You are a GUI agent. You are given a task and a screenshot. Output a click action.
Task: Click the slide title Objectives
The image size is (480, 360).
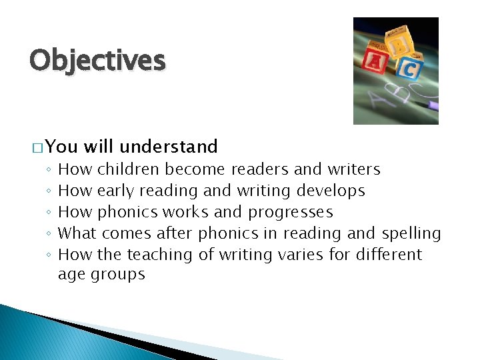point(97,61)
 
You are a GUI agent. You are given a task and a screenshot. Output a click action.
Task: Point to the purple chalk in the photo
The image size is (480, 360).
point(433,105)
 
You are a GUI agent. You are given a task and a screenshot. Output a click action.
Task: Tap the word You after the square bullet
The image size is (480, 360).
point(62,147)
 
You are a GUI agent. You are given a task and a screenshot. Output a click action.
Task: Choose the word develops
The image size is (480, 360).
point(331,191)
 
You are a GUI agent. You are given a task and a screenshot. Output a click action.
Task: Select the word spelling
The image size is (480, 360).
point(411,233)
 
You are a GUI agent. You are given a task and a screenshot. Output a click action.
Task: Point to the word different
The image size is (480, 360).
point(389,255)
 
